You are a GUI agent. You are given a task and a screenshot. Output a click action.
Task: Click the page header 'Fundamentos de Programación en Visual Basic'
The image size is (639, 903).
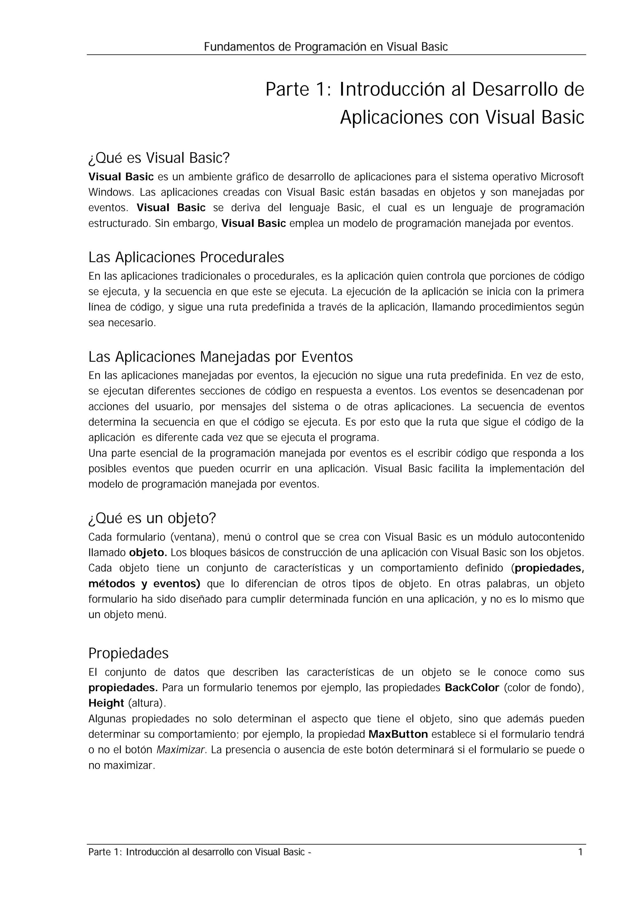[326, 47]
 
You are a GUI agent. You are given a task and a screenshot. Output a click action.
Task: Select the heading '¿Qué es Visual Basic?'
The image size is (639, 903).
[159, 158]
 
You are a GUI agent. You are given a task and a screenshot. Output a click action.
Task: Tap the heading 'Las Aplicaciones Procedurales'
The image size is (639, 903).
[186, 258]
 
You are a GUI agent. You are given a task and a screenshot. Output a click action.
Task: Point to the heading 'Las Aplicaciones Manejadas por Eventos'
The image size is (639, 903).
[221, 357]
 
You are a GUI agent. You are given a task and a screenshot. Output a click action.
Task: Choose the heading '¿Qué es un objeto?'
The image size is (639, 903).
[152, 518]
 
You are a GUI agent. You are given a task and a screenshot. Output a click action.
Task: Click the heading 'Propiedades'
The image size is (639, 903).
[128, 653]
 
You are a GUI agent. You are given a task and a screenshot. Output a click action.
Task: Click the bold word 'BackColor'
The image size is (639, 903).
[472, 688]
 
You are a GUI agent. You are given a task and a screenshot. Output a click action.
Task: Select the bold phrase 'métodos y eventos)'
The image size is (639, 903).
[144, 584]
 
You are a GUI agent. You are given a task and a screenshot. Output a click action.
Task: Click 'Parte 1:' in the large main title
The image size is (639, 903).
[298, 90]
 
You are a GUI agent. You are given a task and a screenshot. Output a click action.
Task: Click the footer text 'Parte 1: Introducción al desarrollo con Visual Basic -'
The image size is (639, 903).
[200, 852]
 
